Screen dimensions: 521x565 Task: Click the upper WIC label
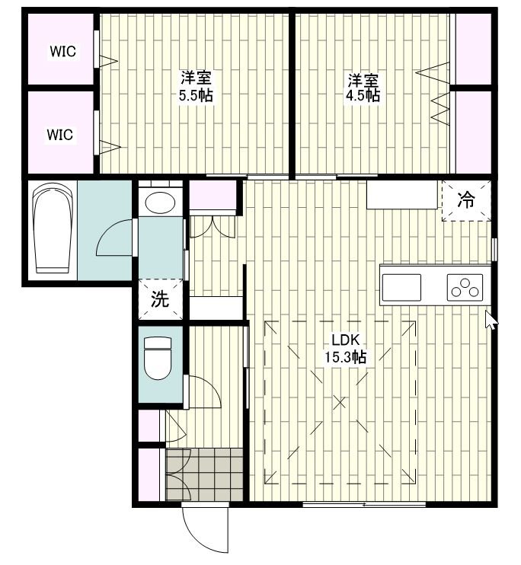pyautogui.click(x=62, y=51)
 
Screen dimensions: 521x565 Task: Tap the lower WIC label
pyautogui.click(x=60, y=135)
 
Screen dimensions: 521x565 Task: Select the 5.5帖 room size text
pyautogui.click(x=197, y=96)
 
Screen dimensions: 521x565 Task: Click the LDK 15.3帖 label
pyautogui.click(x=345, y=349)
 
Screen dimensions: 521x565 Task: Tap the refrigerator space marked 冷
pyautogui.click(x=467, y=200)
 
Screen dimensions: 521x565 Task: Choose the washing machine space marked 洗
pyautogui.click(x=160, y=299)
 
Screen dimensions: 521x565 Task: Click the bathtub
pyautogui.click(x=53, y=228)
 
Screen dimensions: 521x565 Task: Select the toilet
pyautogui.click(x=158, y=358)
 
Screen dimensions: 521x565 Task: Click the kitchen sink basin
pyautogui.click(x=401, y=287)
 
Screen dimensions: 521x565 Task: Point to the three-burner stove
pyautogui.click(x=465, y=287)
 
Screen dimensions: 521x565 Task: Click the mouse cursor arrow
pyautogui.click(x=491, y=320)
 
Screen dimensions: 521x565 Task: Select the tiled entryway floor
pyautogui.click(x=204, y=474)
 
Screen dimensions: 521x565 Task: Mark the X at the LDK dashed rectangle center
pyautogui.click(x=339, y=403)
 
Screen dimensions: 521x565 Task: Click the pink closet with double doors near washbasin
pyautogui.click(x=213, y=195)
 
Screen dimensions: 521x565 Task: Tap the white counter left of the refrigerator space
pyautogui.click(x=401, y=195)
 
